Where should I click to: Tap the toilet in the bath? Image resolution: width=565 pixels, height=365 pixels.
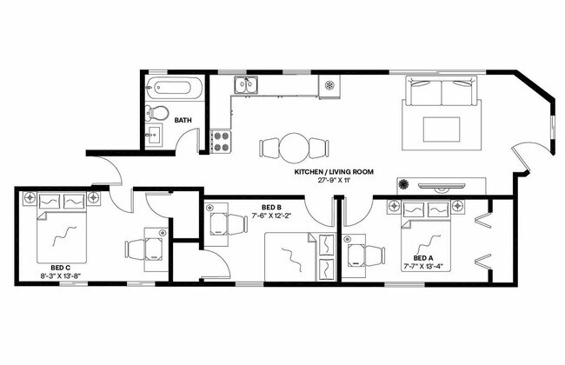[157, 113]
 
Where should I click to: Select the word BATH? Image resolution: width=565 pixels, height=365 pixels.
[183, 120]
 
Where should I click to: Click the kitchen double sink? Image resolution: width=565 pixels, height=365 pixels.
[245, 85]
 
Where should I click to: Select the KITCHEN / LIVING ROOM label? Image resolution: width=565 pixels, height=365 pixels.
[334, 172]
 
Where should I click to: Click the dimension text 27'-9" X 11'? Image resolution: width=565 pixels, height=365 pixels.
[334, 182]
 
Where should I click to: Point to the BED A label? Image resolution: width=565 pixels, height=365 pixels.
[422, 258]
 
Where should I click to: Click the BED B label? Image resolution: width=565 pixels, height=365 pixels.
[262, 206]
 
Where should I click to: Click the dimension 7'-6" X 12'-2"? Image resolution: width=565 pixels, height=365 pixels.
[262, 216]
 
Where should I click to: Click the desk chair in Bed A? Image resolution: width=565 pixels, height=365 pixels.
[374, 255]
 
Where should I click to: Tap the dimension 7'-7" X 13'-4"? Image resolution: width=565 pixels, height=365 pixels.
[422, 268]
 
